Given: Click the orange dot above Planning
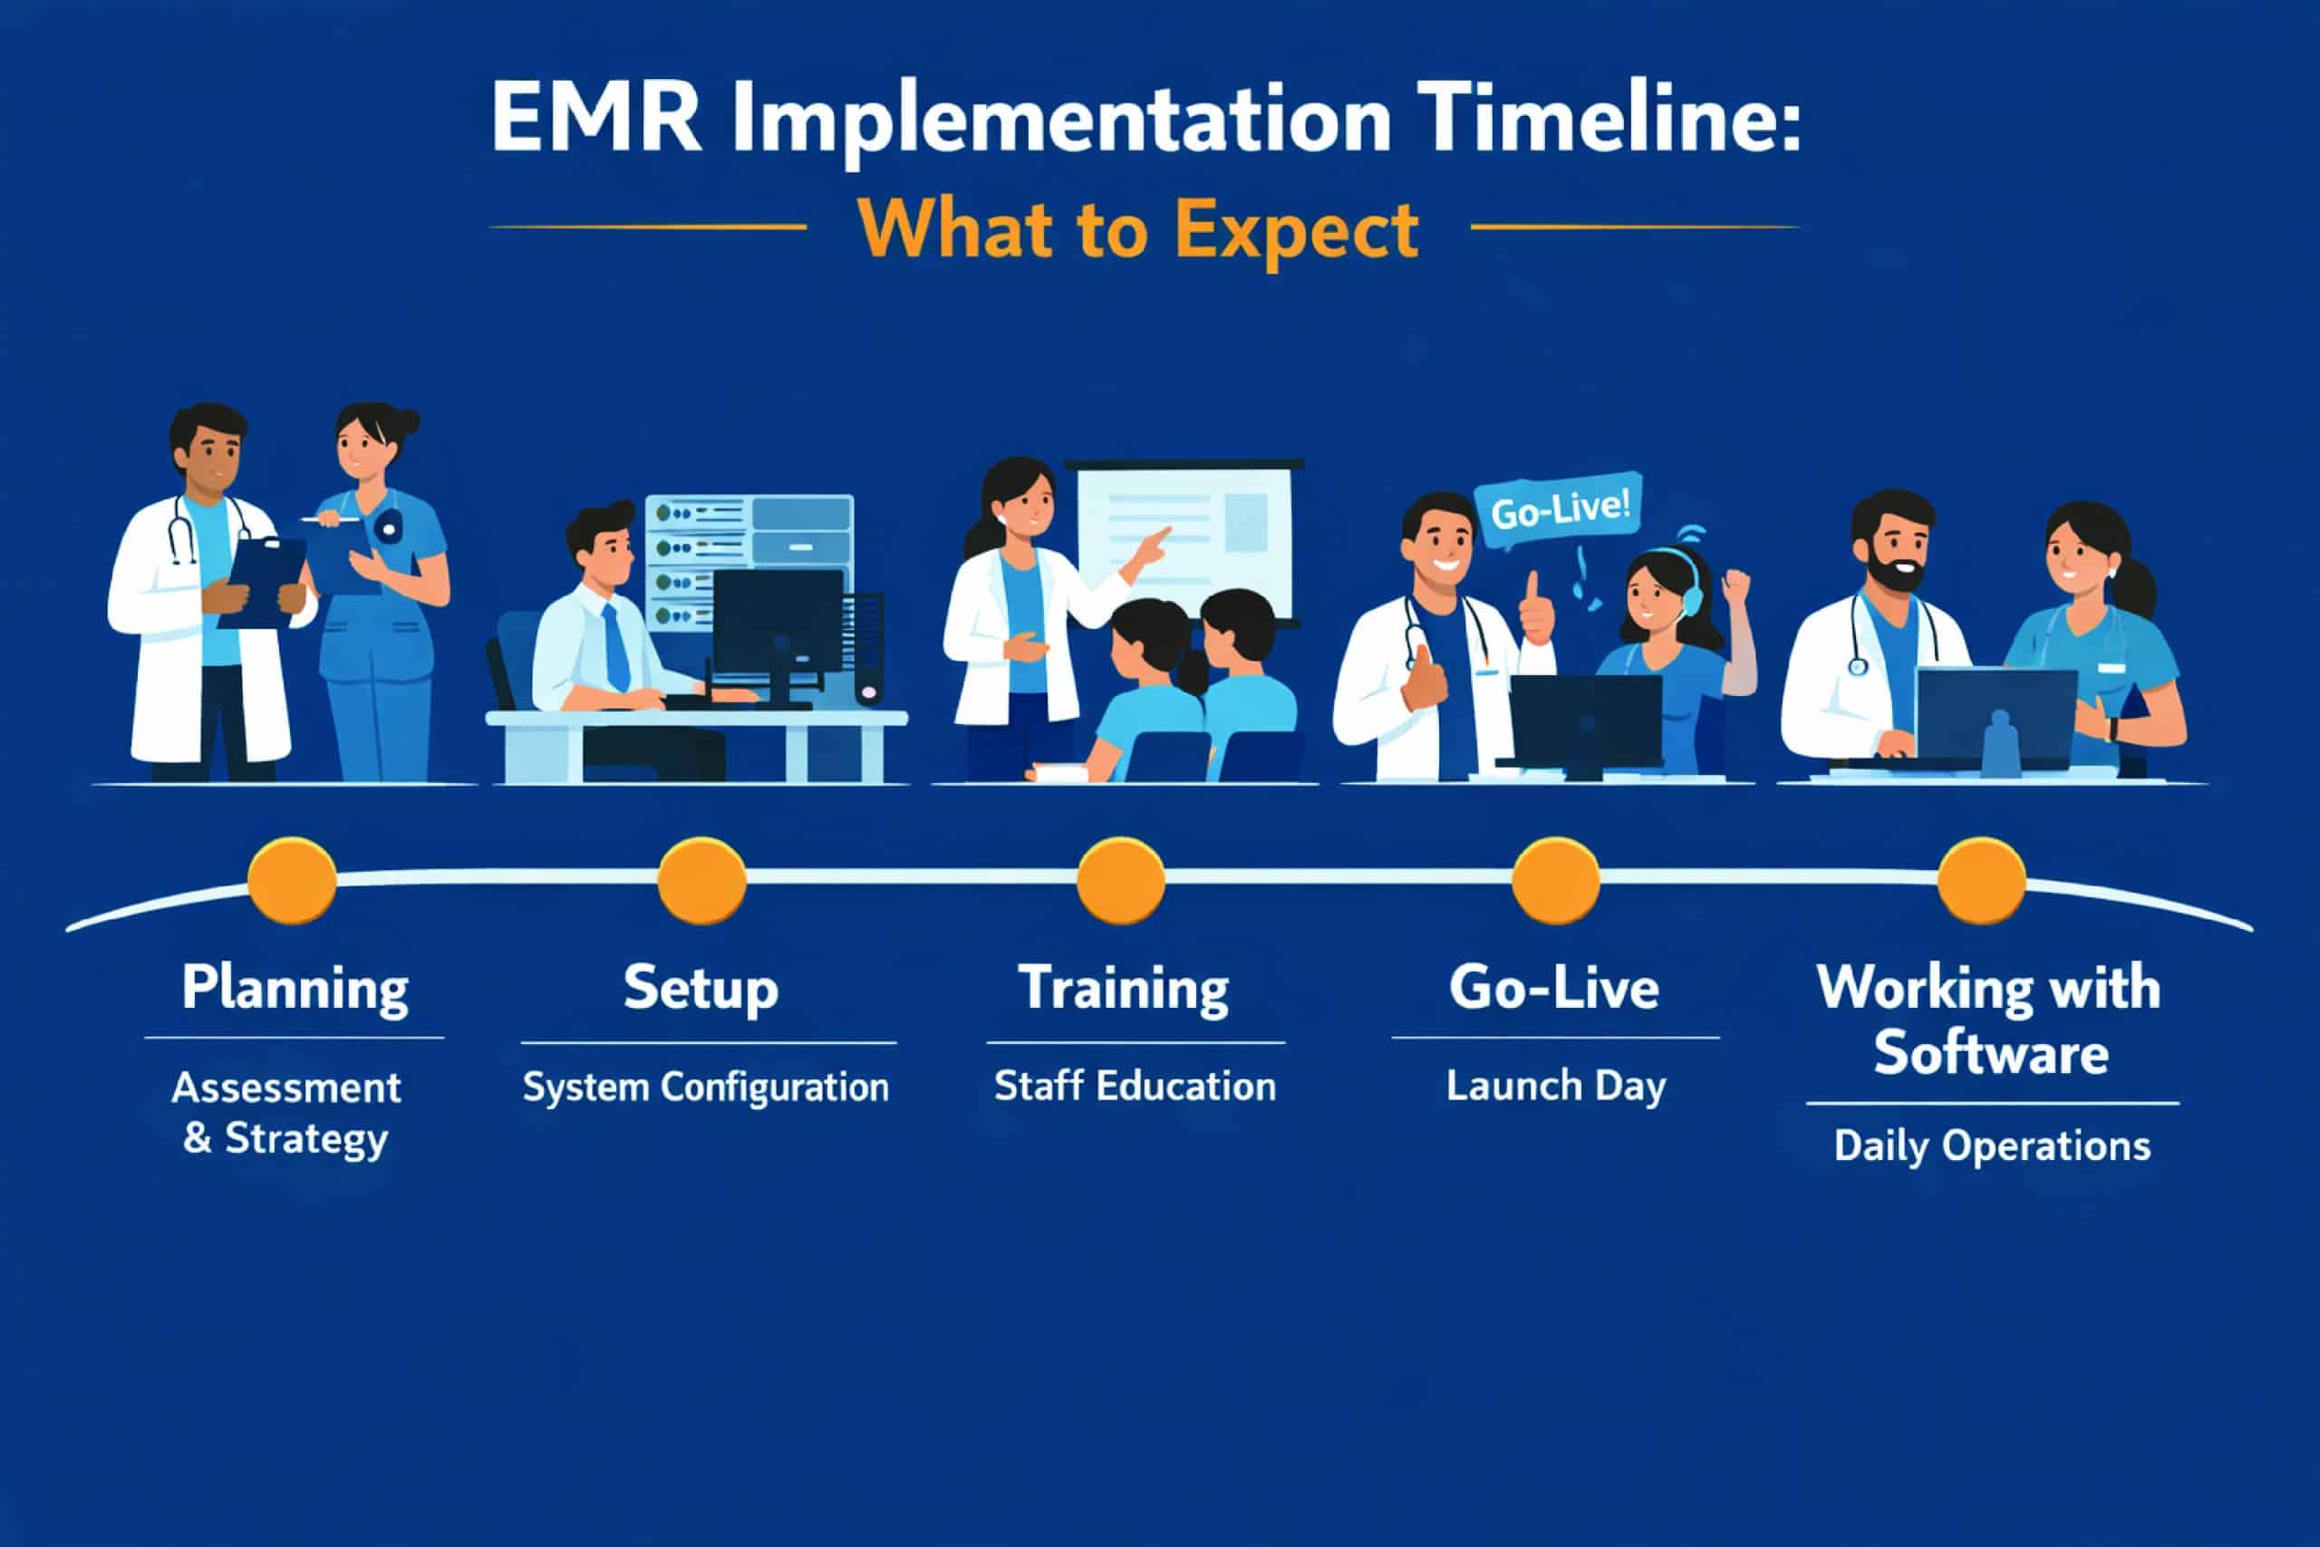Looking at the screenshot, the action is (x=292, y=880).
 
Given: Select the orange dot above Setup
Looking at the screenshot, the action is (x=701, y=880).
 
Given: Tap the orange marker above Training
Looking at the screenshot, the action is (x=1120, y=880).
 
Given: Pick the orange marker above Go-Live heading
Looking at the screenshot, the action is (x=1555, y=880).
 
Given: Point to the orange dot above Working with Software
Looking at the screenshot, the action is (x=1982, y=880).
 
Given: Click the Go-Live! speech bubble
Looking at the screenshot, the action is (x=1559, y=513).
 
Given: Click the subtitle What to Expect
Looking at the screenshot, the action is (x=1138, y=230).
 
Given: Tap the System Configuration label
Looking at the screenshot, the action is (x=705, y=1088).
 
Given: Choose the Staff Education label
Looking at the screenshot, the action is (x=1135, y=1086).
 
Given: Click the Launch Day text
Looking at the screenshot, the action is (x=1555, y=1087).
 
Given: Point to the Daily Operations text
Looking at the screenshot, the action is (x=1992, y=1146).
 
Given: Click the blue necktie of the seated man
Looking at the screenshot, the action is (x=616, y=646).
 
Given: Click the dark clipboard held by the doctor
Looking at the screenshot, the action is (x=261, y=582).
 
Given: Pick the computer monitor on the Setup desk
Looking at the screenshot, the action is (x=778, y=622).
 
